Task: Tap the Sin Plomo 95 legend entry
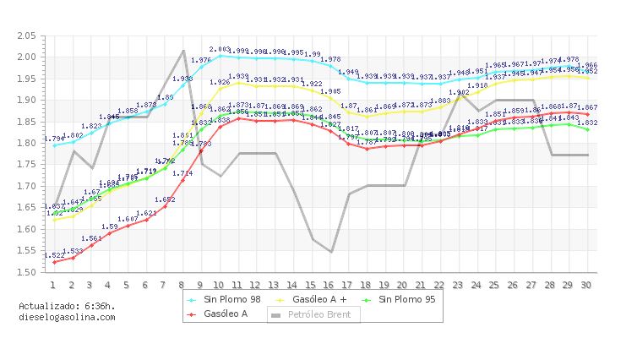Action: [408, 299]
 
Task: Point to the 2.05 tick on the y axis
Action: [26, 35]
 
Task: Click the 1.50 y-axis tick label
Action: [26, 272]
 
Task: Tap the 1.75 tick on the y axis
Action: [26, 165]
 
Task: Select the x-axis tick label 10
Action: [219, 285]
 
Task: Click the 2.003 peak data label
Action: [220, 50]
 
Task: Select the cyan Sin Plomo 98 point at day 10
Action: [219, 55]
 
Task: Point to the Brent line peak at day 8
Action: [183, 51]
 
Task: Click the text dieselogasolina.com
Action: [67, 317]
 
